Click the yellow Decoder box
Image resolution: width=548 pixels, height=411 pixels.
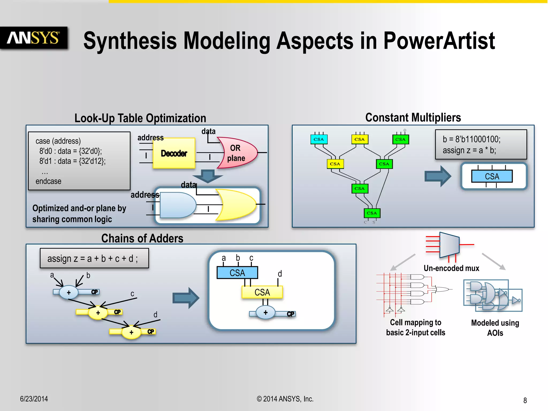[174, 153]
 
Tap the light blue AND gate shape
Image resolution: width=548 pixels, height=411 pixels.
[177, 205]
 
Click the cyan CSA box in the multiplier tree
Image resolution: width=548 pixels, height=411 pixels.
[319, 139]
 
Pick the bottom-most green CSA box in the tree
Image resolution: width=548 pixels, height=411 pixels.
[372, 213]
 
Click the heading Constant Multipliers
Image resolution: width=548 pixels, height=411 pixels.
[413, 118]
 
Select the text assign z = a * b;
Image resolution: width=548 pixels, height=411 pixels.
[469, 150]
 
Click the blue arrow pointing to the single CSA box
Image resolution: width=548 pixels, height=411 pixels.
[437, 176]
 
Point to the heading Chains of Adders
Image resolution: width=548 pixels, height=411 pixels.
[142, 238]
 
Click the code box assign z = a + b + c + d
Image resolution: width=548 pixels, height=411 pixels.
[94, 258]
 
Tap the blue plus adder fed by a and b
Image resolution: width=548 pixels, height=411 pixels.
[69, 292]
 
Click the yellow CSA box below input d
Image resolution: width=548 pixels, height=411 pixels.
[262, 292]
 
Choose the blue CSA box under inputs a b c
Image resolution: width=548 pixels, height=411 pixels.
[237, 273]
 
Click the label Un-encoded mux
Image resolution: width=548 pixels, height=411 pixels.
[451, 268]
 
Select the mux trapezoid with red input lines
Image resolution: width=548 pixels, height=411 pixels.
[449, 245]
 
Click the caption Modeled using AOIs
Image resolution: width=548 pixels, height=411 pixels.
[495, 328]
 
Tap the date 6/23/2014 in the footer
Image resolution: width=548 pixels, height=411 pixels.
[34, 399]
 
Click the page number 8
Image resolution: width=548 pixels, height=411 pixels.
[525, 400]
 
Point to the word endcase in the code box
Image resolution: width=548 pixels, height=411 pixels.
[48, 181]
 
